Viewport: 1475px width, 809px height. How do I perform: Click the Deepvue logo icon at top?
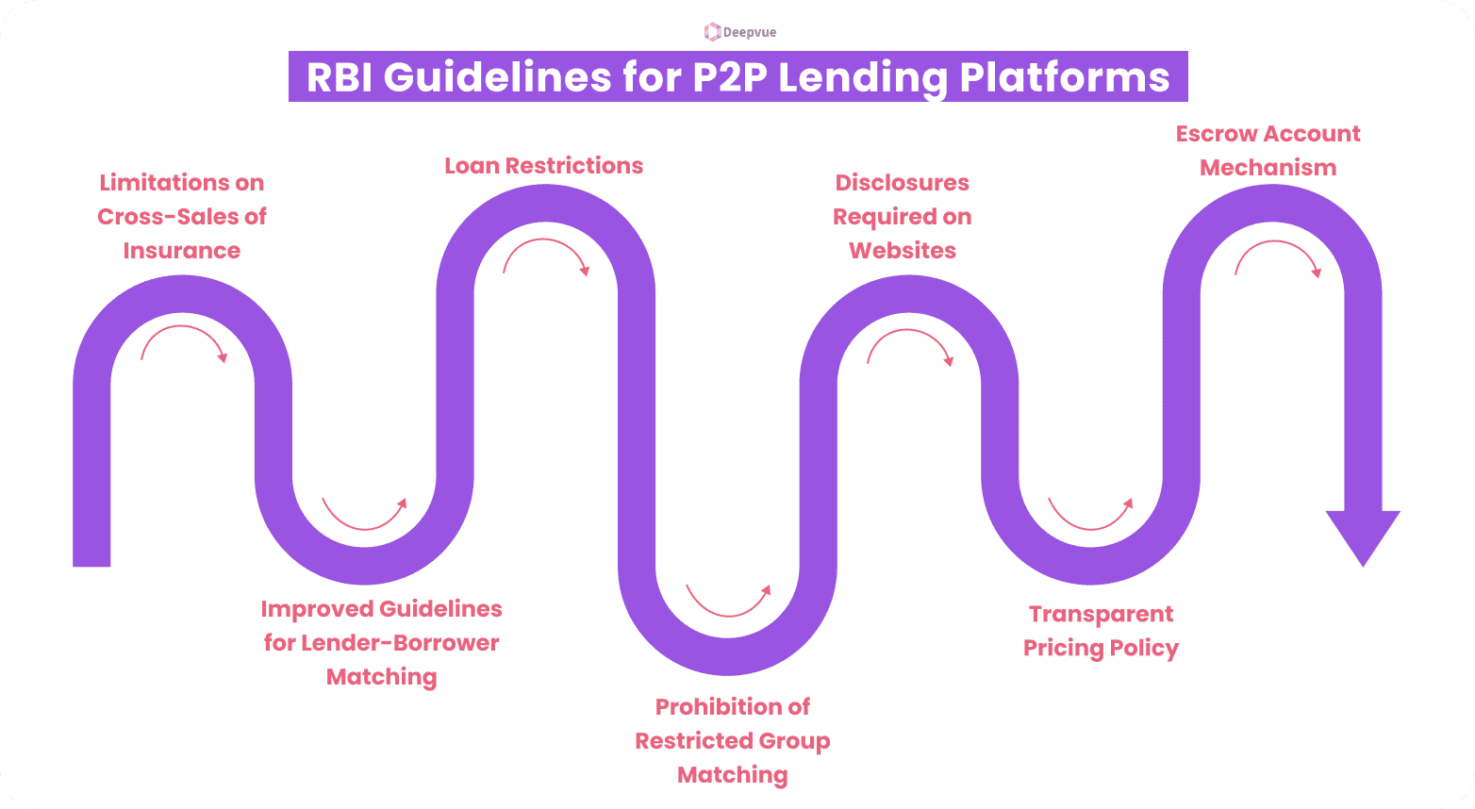[712, 32]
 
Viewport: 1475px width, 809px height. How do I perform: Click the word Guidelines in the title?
[497, 77]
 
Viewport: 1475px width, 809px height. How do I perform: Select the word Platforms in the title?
[1065, 77]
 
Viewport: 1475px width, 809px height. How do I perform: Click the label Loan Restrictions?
[543, 166]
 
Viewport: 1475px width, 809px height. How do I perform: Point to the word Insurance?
[181, 251]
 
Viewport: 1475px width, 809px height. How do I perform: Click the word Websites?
[902, 251]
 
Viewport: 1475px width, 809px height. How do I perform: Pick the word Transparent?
[1101, 615]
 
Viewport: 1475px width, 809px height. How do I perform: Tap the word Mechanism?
[1268, 168]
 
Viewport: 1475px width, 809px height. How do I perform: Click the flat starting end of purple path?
[91, 556]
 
